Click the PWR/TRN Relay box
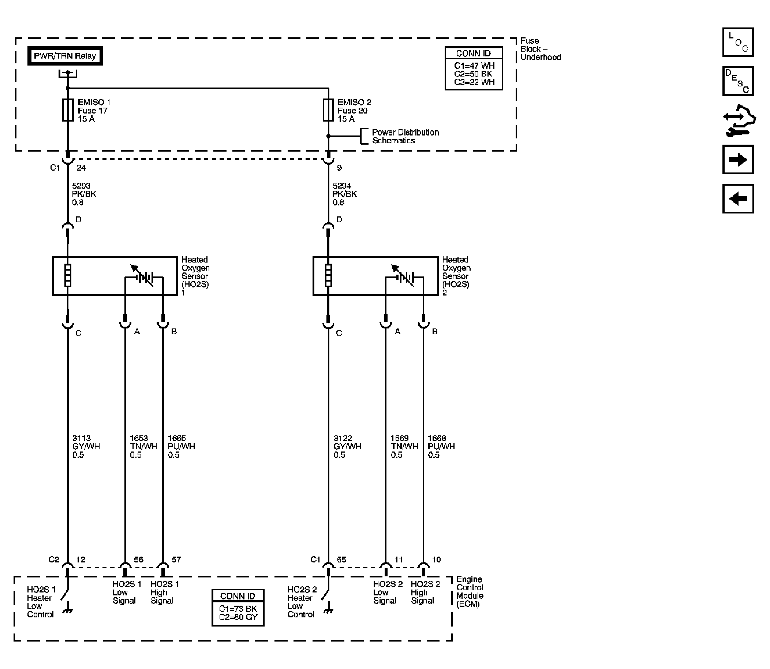click(x=65, y=56)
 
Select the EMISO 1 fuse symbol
click(x=68, y=110)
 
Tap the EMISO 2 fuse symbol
click(x=328, y=110)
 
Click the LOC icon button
click(x=738, y=42)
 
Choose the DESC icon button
click(x=738, y=81)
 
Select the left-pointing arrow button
click(x=738, y=199)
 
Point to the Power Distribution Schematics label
click(x=405, y=136)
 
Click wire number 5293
click(x=81, y=186)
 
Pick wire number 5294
click(x=342, y=186)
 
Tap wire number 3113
click(x=81, y=438)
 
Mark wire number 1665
click(x=177, y=438)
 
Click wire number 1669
click(x=400, y=438)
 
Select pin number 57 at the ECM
click(x=176, y=559)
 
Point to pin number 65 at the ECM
click(x=341, y=559)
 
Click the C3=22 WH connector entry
click(x=474, y=82)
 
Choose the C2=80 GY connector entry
click(x=238, y=617)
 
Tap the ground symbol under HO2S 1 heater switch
click(x=68, y=611)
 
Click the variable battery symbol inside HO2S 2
click(x=404, y=278)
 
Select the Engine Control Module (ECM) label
click(x=470, y=591)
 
